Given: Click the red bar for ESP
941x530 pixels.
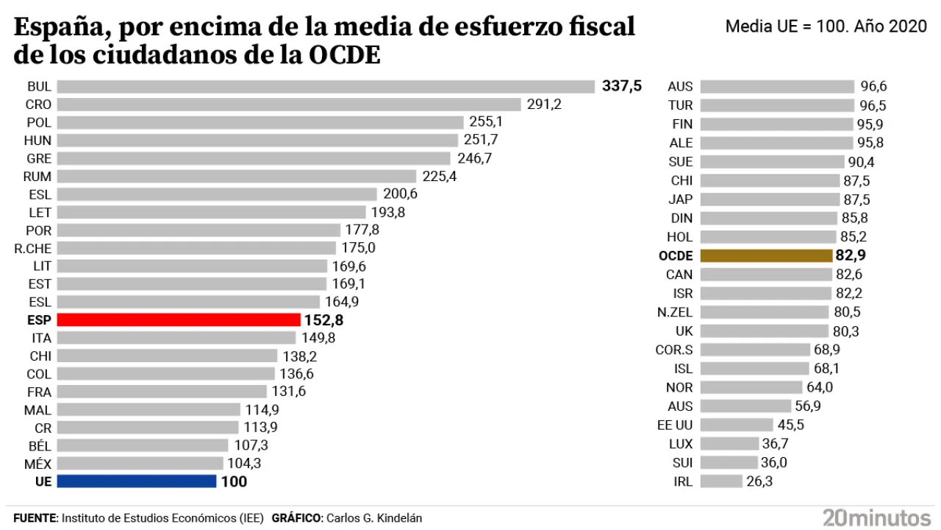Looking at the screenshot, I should tap(179, 320).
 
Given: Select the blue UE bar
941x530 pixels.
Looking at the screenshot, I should tap(137, 481).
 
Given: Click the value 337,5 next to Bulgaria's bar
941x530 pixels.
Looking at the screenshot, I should tap(622, 86).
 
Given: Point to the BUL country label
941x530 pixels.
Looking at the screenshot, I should tap(38, 86).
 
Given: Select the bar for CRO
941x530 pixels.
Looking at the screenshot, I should tap(289, 105).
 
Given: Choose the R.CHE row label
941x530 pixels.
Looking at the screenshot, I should tap(32, 248).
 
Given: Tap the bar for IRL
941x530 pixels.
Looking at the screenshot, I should tap(721, 481).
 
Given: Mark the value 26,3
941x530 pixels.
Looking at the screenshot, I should tap(759, 481).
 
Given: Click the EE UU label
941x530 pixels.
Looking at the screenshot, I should tap(674, 425).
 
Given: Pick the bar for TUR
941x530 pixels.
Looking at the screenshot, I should tap(777, 105).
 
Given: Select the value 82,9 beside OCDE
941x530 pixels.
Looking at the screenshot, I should tap(851, 255).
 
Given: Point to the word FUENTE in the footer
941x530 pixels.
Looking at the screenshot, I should tap(35, 518).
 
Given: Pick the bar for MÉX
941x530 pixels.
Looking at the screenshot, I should tap(140, 463).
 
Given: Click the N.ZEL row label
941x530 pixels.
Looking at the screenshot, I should tap(675, 312).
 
